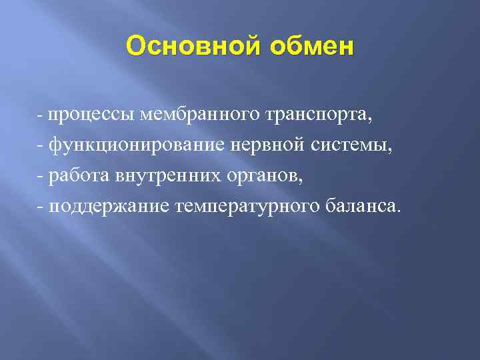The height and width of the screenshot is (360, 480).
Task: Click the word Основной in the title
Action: (185, 47)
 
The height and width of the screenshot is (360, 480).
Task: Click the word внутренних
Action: (153, 176)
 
